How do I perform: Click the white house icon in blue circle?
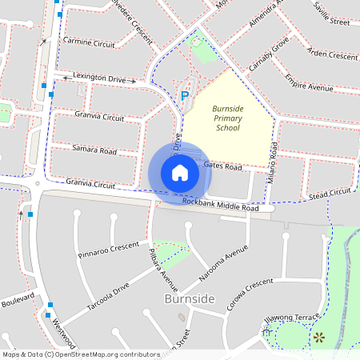[x=180, y=173]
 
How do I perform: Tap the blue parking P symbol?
[x=185, y=96]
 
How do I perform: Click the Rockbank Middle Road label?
[x=221, y=206]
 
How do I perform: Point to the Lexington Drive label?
[x=101, y=78]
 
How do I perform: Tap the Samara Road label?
[x=94, y=150]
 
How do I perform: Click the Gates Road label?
[x=222, y=166]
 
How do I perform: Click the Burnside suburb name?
[x=188, y=298]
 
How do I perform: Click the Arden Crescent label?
[x=331, y=56]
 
